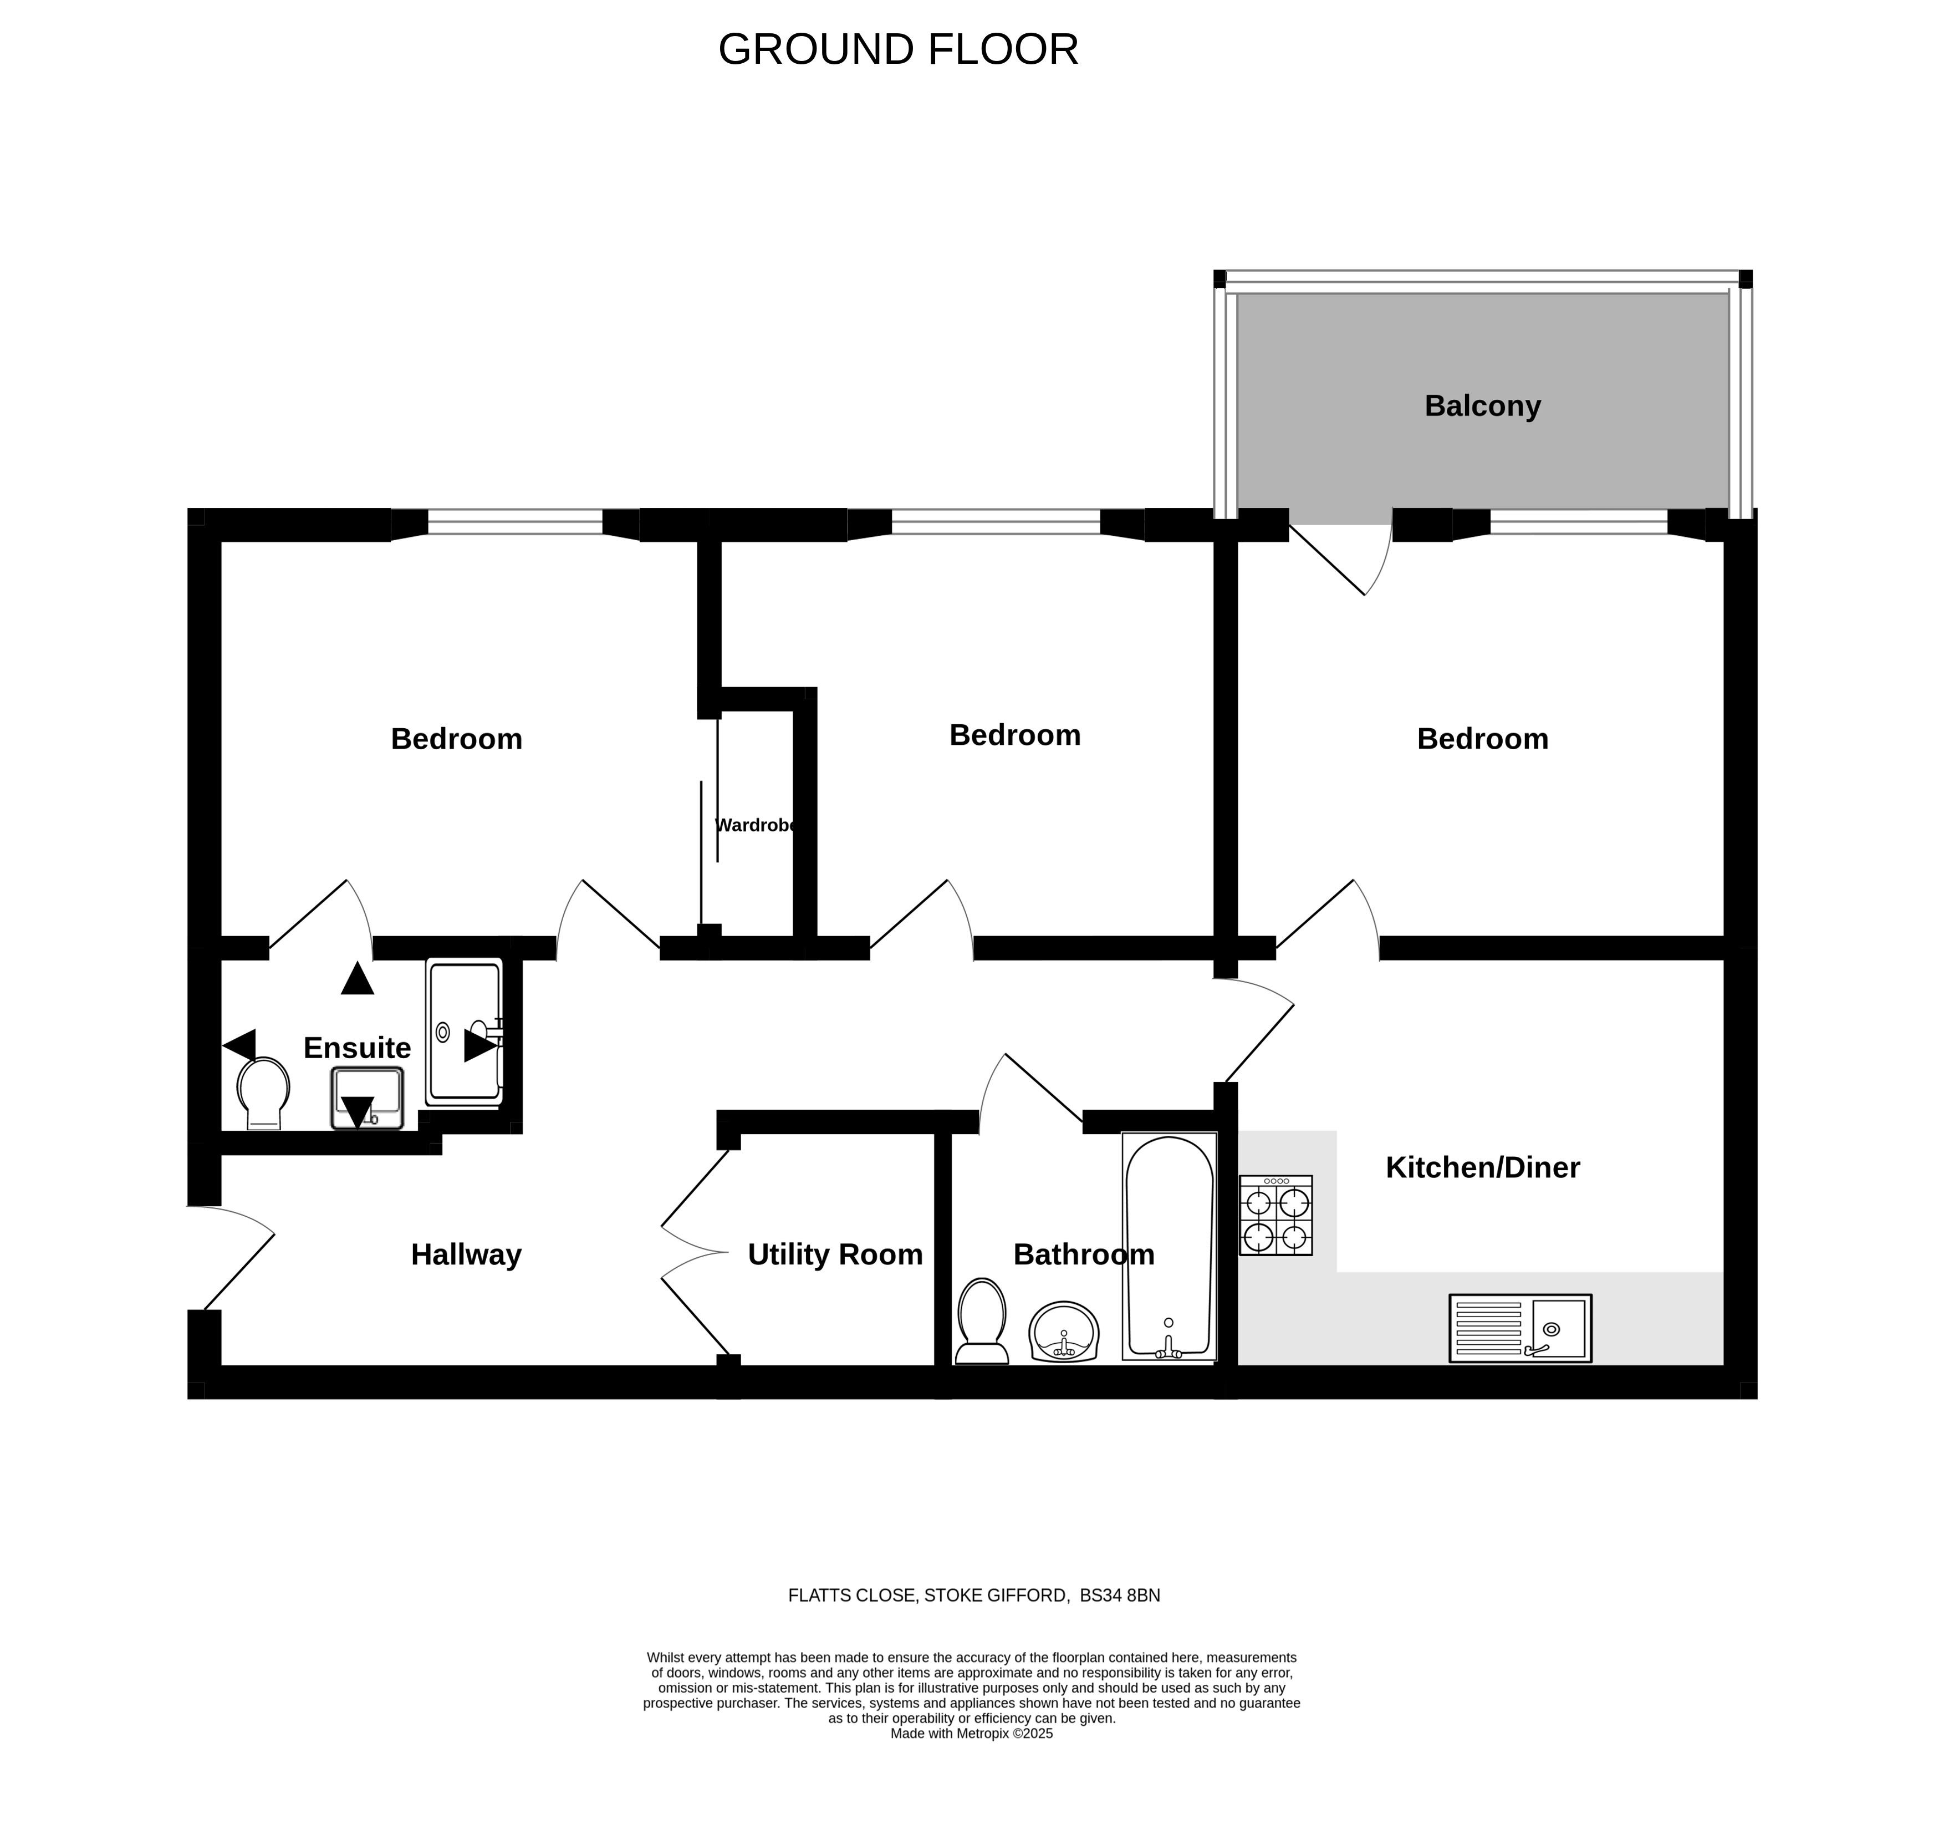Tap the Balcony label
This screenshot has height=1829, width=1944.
pyautogui.click(x=1482, y=405)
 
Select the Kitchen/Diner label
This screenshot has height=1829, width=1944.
pyautogui.click(x=1482, y=1167)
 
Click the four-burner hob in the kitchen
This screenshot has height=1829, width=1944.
pyautogui.click(x=1276, y=1215)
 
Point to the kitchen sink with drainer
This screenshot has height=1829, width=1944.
pyautogui.click(x=1520, y=1328)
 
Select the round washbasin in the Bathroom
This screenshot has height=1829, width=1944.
pyautogui.click(x=1064, y=1331)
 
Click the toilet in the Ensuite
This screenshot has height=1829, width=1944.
pyautogui.click(x=263, y=1094)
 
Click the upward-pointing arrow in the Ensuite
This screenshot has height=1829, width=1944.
pyautogui.click(x=358, y=978)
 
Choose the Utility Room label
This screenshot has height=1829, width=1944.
pyautogui.click(x=835, y=1254)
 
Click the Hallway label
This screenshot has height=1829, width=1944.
pyautogui.click(x=466, y=1254)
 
